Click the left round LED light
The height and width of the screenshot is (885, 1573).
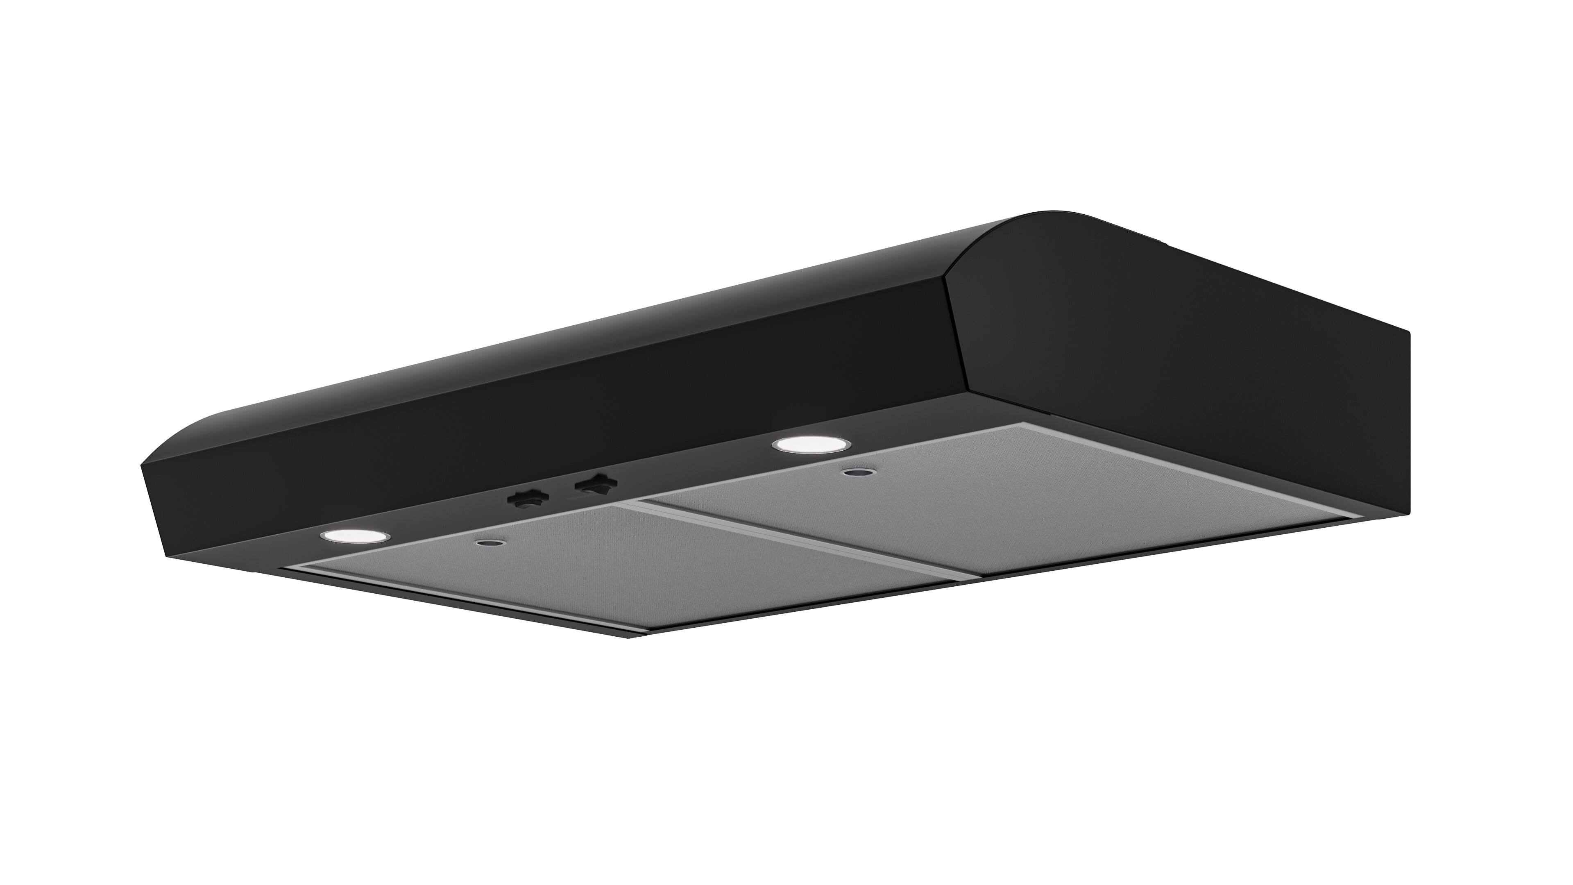[x=355, y=536]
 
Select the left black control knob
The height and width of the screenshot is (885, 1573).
[x=528, y=498]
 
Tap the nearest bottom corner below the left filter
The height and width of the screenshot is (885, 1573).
[x=641, y=637]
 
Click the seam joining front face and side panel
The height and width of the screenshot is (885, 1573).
[x=956, y=342]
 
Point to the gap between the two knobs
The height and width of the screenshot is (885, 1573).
[x=562, y=492]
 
